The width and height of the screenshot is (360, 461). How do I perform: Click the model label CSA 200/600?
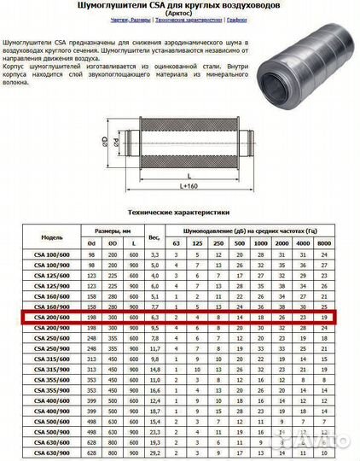coord(53,318)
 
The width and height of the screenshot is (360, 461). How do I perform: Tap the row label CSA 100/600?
coord(53,255)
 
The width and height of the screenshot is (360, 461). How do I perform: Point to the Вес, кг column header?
coord(155,236)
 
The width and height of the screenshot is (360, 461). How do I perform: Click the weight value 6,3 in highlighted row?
coord(155,318)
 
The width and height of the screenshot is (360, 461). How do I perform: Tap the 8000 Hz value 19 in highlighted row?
coord(324,318)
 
